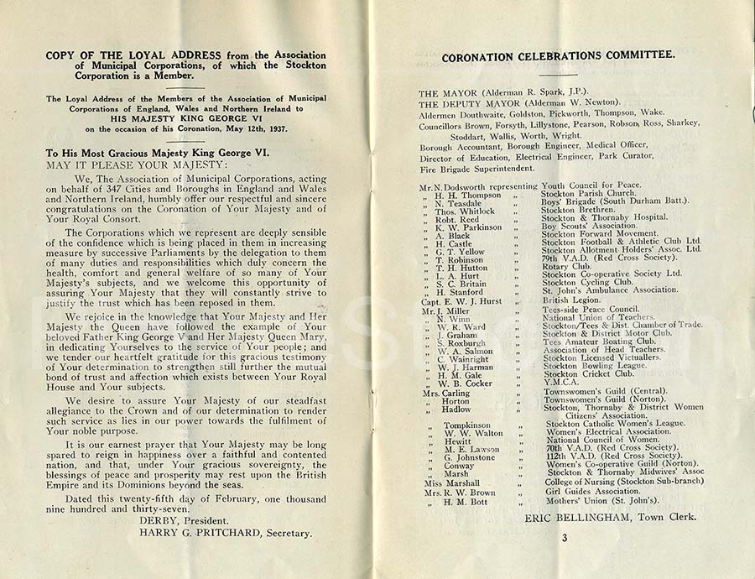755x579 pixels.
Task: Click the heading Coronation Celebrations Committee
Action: click(x=558, y=55)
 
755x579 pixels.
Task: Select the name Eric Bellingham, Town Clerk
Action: click(x=610, y=517)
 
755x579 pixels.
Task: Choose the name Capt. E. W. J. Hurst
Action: click(x=461, y=300)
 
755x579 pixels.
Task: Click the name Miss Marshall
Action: click(x=451, y=483)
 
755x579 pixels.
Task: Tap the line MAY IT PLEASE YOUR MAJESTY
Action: click(x=124, y=166)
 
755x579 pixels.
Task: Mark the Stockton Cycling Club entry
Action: click(x=587, y=283)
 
